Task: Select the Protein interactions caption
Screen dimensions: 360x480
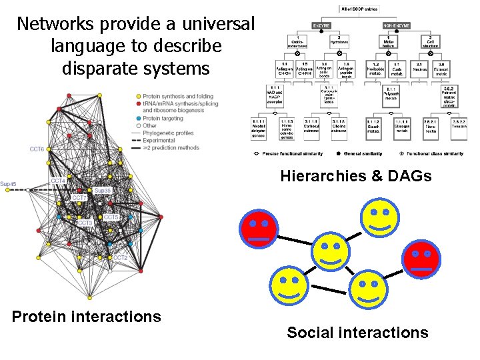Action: click(87, 317)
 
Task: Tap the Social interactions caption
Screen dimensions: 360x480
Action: click(357, 333)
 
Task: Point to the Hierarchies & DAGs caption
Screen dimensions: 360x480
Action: click(356, 177)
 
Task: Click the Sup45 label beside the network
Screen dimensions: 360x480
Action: click(8, 184)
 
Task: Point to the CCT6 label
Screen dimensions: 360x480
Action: click(37, 149)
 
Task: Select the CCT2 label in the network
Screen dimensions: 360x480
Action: click(120, 258)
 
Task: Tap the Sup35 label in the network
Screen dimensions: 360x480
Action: click(103, 191)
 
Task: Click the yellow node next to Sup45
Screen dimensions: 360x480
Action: click(9, 191)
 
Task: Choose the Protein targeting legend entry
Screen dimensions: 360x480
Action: click(161, 117)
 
